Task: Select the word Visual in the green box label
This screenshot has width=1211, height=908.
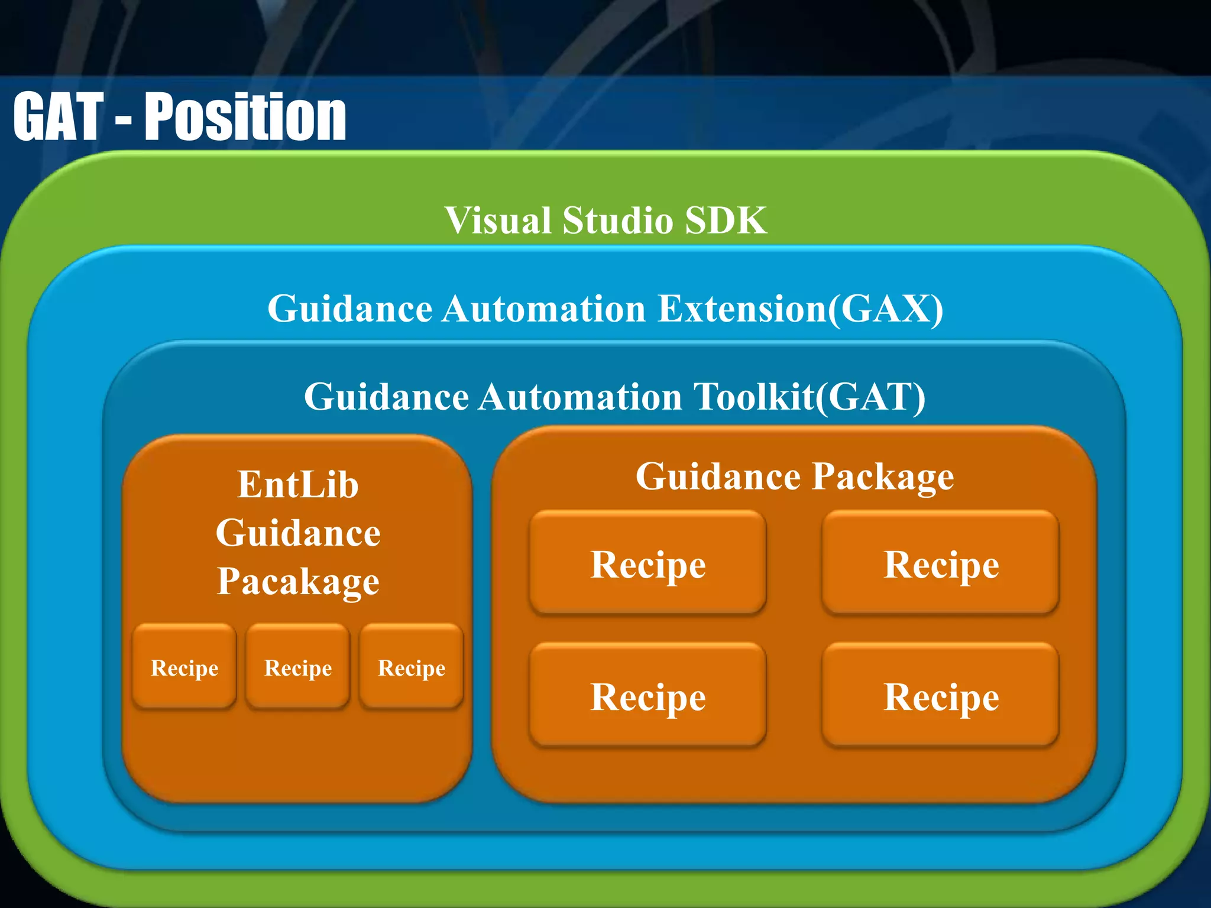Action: coord(498,220)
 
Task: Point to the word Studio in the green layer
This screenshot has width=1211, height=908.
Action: coord(617,220)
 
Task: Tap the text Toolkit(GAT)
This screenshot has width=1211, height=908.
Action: coord(810,397)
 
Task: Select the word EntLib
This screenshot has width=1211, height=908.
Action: coord(298,485)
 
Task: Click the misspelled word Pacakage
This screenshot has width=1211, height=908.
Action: coord(298,582)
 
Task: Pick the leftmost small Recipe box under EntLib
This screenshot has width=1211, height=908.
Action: coord(184,666)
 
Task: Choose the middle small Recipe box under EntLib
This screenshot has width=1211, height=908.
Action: coord(298,666)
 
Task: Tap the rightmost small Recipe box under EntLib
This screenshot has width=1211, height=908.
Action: coord(412,666)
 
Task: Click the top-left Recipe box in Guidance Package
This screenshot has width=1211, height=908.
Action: coord(648,563)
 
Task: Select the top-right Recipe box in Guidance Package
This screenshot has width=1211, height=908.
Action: coord(941,563)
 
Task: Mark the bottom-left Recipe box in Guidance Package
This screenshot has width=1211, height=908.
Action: coord(648,695)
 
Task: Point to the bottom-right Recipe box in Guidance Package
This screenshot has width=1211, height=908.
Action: coord(941,695)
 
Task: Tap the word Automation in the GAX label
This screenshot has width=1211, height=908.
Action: coord(544,309)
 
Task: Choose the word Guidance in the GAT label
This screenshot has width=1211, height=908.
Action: coord(386,397)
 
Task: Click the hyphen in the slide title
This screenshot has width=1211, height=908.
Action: coord(123,121)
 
